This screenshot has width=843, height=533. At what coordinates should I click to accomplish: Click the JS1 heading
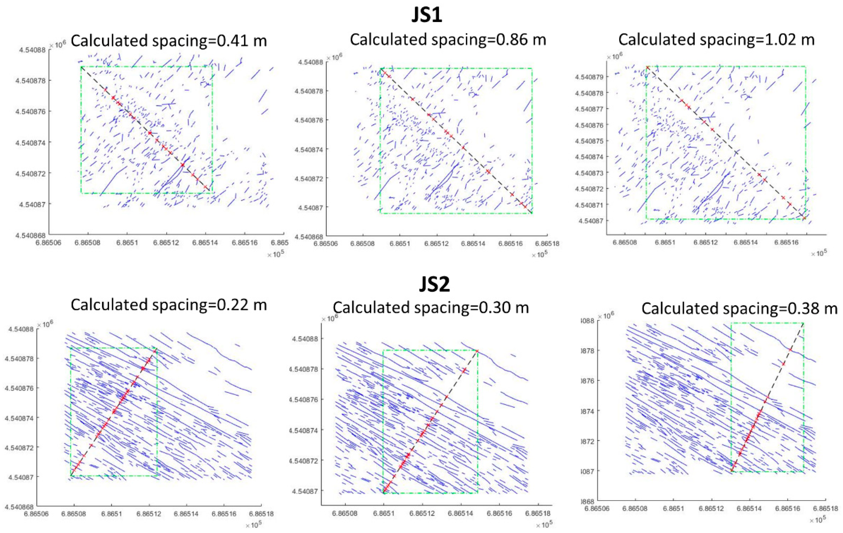(426, 16)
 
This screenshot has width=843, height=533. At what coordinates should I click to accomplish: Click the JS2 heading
(434, 284)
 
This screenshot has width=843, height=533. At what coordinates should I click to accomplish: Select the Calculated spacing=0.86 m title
(448, 40)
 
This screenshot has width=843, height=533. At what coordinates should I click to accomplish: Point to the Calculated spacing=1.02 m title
(716, 40)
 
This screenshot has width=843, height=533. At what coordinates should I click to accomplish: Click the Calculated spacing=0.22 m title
(169, 305)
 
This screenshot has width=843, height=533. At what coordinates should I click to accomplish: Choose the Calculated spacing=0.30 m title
(431, 308)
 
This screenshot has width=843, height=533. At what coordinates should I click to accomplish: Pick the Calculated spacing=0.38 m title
(739, 309)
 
